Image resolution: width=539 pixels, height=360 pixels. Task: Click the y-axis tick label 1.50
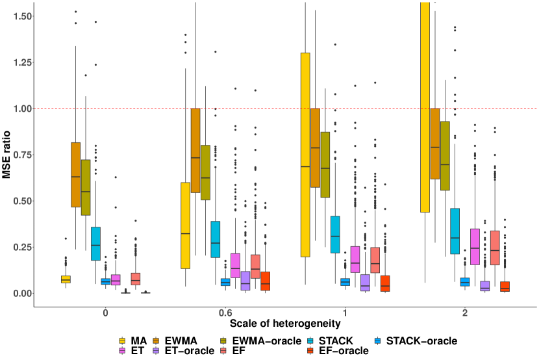16,16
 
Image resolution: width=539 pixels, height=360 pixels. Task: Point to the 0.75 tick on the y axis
16,155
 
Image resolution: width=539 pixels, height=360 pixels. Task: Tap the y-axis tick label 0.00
16,294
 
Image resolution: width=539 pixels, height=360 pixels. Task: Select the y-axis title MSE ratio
6,155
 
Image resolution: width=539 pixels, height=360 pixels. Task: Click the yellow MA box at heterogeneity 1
305,155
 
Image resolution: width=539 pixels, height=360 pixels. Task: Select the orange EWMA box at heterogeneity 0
75,174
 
